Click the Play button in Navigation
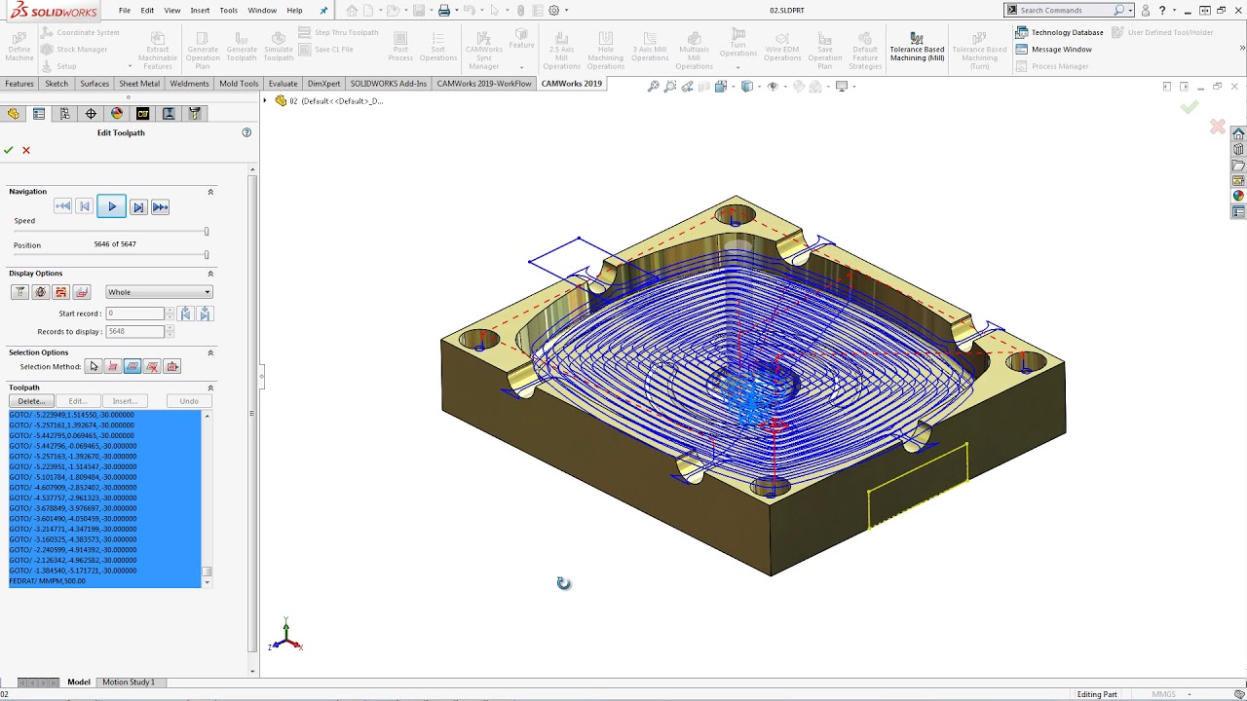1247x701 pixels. point(112,206)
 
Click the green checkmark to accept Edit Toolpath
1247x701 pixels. point(9,150)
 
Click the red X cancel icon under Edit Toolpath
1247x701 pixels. point(26,150)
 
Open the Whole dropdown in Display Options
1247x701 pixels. point(159,292)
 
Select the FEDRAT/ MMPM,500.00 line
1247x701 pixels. point(48,581)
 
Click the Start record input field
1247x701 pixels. point(134,314)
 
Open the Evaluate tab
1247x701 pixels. point(283,84)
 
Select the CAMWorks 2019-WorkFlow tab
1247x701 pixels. point(484,84)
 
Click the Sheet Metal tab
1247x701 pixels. point(139,84)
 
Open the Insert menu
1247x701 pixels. point(200,11)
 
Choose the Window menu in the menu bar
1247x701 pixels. point(262,11)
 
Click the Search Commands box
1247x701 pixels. point(1065,10)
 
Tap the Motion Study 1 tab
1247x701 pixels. point(129,683)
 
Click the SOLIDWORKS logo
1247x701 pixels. point(54,10)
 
